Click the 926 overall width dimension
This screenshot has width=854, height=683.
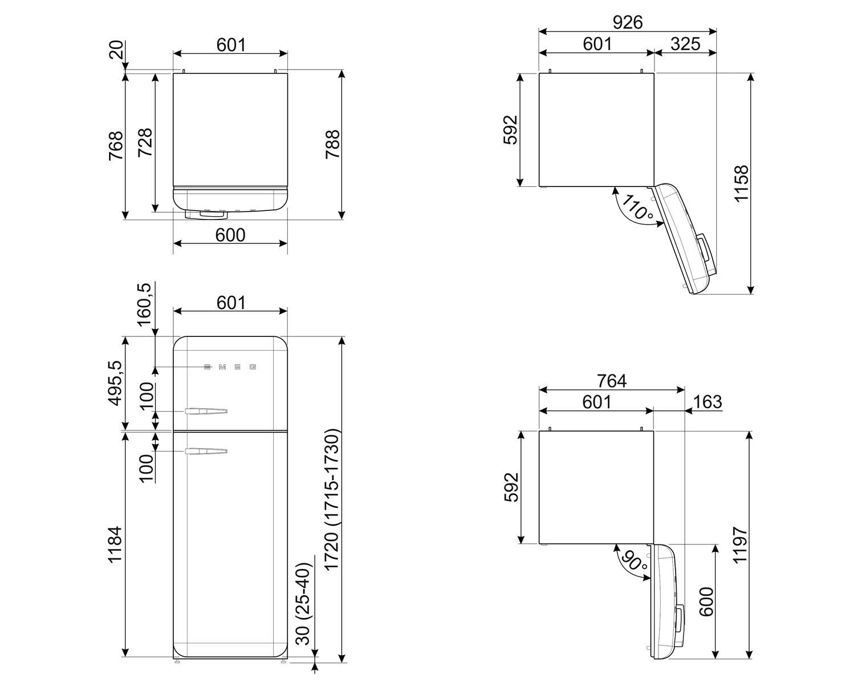tap(628, 22)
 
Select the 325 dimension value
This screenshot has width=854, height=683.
tap(685, 44)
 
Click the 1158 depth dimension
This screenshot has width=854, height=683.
tap(741, 184)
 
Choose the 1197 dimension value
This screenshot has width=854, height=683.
tap(740, 544)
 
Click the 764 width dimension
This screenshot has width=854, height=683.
tap(612, 381)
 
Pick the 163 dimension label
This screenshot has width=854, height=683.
tap(707, 401)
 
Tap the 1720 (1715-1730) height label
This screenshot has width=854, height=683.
tap(331, 500)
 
